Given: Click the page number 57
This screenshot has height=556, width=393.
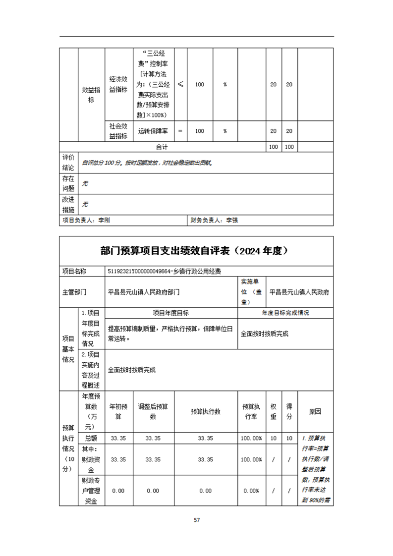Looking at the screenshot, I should (197, 520).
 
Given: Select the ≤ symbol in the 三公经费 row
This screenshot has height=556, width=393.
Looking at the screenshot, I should (180, 84).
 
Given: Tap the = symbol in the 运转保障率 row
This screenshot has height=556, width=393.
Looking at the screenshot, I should (180, 131).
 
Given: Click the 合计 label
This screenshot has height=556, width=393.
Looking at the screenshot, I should (162, 147).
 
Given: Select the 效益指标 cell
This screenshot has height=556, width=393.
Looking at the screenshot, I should (91, 94).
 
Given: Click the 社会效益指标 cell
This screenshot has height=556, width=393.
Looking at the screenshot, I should (118, 131).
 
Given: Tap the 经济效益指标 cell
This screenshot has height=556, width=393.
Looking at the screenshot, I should (118, 84).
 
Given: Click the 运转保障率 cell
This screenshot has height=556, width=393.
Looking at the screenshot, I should (153, 131).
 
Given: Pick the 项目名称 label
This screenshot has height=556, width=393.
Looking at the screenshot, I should (74, 271).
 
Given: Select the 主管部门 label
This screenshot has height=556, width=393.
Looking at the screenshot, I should (74, 292).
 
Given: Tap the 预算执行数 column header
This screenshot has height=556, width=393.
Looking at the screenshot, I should (206, 411).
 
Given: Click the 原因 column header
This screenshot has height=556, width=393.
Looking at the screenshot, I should (315, 411).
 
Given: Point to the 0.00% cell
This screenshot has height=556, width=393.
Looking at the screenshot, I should (252, 491).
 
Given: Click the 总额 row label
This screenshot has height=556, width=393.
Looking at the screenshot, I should (91, 438).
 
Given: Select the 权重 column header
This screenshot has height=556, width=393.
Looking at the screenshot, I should (274, 411).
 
